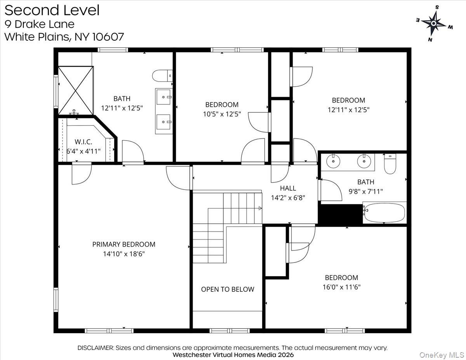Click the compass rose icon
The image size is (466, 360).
[434, 23]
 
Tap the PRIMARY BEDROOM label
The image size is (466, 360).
[123, 244]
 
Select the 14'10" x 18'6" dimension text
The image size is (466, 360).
[123, 254]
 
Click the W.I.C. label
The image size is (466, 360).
[83, 142]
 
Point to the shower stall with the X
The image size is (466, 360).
[76, 89]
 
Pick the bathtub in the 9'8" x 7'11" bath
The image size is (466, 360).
[384, 212]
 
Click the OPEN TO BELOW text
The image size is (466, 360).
[228, 289]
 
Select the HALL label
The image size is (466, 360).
[288, 188]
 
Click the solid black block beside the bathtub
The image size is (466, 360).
[340, 214]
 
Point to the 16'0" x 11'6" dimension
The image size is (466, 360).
[341, 287]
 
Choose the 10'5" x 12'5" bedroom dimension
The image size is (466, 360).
[222, 114]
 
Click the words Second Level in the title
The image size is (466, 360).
[52, 10]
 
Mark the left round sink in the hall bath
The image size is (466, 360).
[333, 160]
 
